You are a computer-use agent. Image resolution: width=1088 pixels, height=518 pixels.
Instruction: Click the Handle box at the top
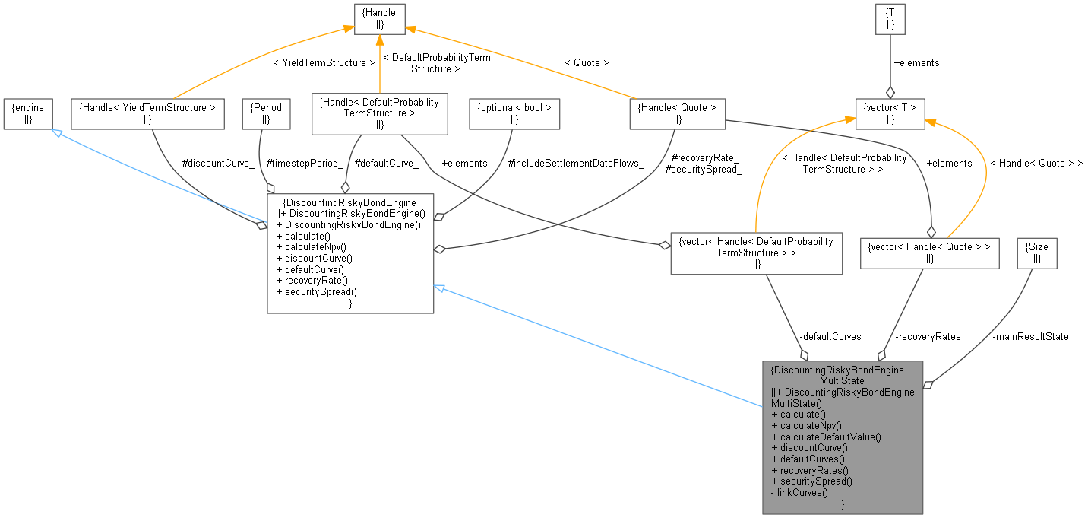coord(379,18)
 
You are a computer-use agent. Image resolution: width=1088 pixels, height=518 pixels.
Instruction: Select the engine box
coord(27,113)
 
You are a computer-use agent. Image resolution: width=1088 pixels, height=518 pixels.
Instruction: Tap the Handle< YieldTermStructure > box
coord(147,113)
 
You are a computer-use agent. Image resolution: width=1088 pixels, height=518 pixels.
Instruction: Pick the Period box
coord(266,113)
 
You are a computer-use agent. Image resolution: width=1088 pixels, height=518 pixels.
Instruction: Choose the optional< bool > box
coord(514,113)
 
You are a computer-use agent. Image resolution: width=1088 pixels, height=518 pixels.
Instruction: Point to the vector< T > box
coord(890,113)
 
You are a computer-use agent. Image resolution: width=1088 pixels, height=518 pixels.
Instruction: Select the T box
coord(890,18)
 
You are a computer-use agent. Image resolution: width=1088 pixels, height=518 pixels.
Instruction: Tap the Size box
coord(1037,253)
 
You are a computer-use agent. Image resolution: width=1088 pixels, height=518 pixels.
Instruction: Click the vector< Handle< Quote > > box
coord(929,253)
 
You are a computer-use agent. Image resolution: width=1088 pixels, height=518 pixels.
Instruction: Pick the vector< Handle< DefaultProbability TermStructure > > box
coord(756,253)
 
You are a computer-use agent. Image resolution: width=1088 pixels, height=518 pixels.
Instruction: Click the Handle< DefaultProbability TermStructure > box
coord(379,113)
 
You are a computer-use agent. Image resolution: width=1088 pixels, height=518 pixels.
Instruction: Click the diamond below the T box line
coord(890,91)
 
